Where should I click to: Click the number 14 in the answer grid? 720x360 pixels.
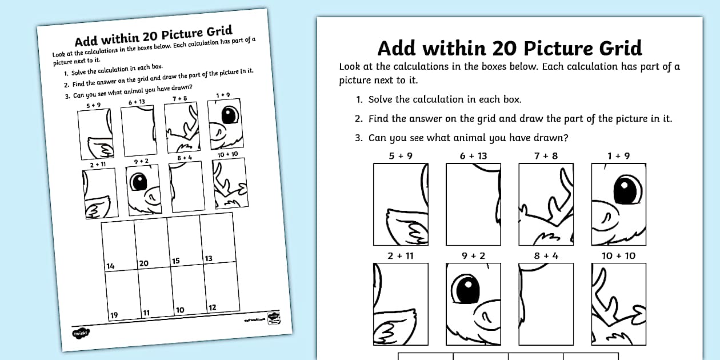(110, 266)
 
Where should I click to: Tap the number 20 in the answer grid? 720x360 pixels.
(143, 263)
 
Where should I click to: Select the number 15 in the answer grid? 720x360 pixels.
(176, 261)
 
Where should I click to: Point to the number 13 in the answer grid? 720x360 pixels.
(209, 258)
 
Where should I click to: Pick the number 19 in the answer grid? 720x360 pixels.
(114, 315)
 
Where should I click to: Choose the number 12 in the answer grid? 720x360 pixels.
(212, 307)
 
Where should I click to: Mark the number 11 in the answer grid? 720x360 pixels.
(146, 313)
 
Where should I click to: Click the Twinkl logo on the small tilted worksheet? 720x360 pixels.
(78, 333)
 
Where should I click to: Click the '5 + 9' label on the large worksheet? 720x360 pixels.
(401, 156)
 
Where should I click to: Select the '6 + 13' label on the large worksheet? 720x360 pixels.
(474, 156)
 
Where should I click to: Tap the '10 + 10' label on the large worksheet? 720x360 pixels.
(618, 255)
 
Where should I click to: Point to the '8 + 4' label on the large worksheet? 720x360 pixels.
(546, 255)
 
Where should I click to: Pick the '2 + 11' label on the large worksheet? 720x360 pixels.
(401, 255)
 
